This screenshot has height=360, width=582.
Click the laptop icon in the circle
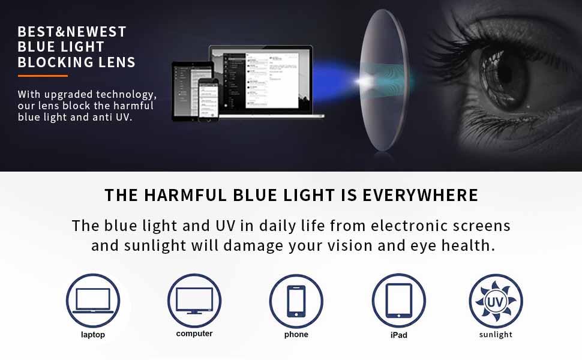click(92, 300)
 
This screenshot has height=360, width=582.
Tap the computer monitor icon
click(194, 300)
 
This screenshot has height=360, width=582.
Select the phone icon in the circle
click(296, 300)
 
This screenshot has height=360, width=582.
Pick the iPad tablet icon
click(398, 300)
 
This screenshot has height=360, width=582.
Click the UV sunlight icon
click(496, 300)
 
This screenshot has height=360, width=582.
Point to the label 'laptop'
click(92, 335)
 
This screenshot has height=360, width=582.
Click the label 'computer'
click(194, 334)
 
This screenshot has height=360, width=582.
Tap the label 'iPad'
click(398, 335)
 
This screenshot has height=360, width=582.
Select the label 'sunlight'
click(496, 335)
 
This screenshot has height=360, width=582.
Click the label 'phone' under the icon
click(296, 335)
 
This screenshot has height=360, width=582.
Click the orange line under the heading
click(43, 76)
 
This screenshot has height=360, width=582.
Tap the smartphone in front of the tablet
click(207, 98)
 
